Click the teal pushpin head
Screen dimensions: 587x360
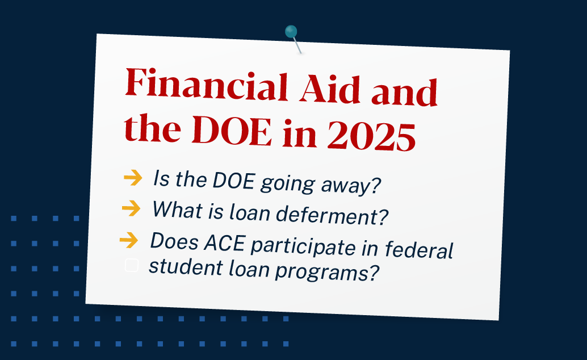tap(291, 31)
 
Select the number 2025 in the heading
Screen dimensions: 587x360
tap(371, 136)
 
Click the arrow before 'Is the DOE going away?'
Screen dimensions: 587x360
tap(133, 177)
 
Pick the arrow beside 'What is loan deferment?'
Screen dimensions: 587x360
tap(131, 208)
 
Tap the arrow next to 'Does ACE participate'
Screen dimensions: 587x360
tap(129, 240)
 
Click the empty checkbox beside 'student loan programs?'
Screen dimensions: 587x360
tap(131, 265)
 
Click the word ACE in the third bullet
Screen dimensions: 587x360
tap(225, 243)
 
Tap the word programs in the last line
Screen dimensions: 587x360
tap(327, 273)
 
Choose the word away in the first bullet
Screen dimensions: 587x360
tap(351, 185)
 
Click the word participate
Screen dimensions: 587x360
tap(303, 247)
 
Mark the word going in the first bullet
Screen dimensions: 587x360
tap(287, 183)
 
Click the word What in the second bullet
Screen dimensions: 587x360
tap(177, 208)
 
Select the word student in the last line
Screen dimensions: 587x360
tap(186, 266)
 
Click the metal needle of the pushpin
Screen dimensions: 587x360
tap(297, 45)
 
